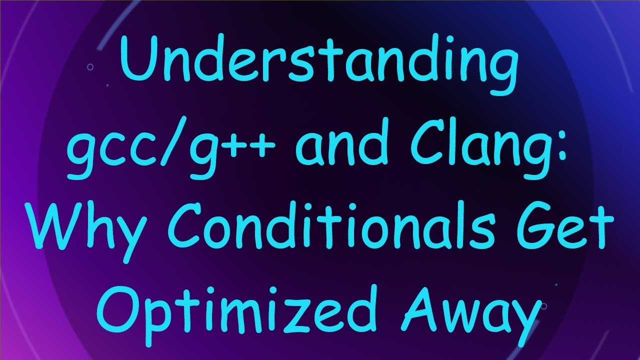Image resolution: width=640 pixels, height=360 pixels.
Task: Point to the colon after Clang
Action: coord(567,150)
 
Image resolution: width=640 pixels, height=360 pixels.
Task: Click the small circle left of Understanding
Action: coord(90,66)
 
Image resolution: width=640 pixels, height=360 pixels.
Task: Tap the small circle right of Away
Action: coord(543,306)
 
